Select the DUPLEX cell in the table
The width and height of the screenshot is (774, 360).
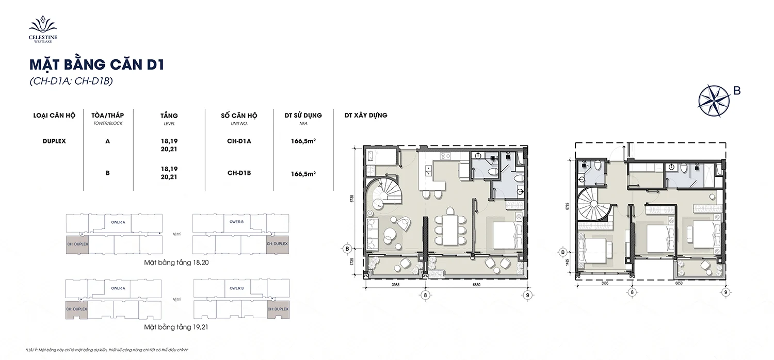click(x=54, y=141)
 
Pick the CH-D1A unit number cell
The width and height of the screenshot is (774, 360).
click(x=239, y=141)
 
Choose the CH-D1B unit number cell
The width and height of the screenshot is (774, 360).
click(x=239, y=173)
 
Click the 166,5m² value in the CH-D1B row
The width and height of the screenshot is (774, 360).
click(x=303, y=174)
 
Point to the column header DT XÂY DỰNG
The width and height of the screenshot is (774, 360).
click(x=366, y=116)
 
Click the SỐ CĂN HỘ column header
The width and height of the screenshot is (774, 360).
click(x=239, y=116)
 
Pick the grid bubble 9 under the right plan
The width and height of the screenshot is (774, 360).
click(x=725, y=292)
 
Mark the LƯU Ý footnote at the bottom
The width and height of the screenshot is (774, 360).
click(x=106, y=350)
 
